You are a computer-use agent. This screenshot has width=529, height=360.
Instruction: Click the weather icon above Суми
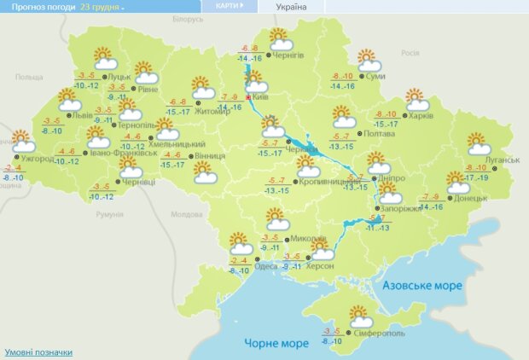pyautogui.click(x=368, y=61)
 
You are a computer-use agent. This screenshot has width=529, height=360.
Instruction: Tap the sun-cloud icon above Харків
pyautogui.click(x=415, y=98)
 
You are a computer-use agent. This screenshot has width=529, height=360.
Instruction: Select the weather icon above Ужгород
pyautogui.click(x=23, y=139)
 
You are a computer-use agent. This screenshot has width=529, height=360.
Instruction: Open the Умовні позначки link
pyautogui.click(x=38, y=351)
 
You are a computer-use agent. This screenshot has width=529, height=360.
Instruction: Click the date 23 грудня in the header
pyautogui.click(x=101, y=6)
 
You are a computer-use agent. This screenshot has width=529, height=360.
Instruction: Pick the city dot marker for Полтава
pyautogui.click(x=358, y=132)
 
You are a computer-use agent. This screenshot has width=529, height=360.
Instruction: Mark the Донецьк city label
pyautogui.click(x=471, y=198)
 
